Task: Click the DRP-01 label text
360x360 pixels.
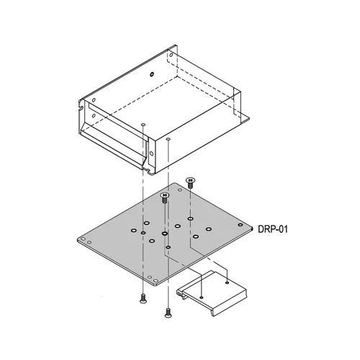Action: [273, 229]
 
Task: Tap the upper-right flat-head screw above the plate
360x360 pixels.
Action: [190, 183]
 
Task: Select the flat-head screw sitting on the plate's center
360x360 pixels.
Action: [164, 198]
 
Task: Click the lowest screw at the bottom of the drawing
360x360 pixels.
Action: [168, 312]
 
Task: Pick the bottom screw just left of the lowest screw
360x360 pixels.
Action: [143, 298]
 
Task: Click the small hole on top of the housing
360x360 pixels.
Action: [152, 74]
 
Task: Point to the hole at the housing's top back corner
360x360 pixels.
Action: [171, 55]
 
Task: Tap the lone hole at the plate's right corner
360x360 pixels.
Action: [240, 225]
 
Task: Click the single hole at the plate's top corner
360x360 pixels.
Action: [180, 190]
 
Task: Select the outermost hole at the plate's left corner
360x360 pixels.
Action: [83, 239]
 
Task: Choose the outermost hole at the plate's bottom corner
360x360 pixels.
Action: [156, 281]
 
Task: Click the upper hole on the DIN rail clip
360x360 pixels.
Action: [227, 282]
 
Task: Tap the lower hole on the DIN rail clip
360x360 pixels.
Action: [202, 297]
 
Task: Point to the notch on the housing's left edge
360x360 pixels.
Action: [81, 107]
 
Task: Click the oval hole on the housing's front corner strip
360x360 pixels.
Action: [151, 153]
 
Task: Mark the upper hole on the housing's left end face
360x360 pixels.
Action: [94, 100]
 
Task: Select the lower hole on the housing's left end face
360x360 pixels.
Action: [94, 116]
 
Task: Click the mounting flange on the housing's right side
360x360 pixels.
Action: [245, 119]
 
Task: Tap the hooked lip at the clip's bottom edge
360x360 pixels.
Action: [214, 313]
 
